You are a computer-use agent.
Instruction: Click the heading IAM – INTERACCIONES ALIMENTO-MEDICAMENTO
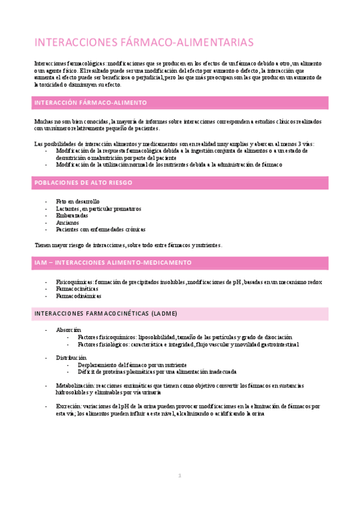(x=113, y=263)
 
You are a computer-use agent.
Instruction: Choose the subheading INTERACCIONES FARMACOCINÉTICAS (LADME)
(x=106, y=314)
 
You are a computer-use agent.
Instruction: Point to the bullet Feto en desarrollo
(x=78, y=201)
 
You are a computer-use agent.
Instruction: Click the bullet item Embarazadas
(x=72, y=215)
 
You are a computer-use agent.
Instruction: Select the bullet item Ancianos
(x=67, y=223)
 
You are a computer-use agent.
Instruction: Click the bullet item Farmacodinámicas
(x=79, y=296)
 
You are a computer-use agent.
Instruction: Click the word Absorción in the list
(x=69, y=330)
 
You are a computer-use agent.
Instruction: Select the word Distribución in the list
(x=71, y=358)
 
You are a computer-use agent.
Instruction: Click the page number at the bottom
(x=179, y=476)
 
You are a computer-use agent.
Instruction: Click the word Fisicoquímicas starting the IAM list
(x=75, y=281)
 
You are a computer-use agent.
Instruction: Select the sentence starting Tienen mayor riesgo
(x=129, y=245)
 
